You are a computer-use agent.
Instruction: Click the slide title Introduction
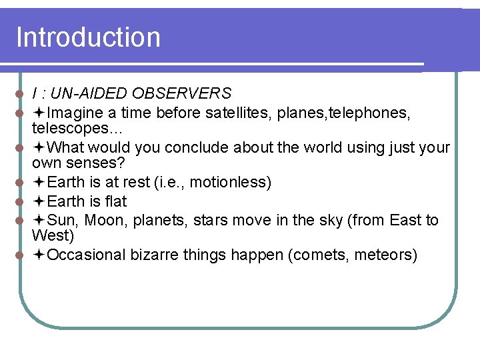coord(88,37)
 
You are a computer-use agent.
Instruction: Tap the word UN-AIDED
coord(91,93)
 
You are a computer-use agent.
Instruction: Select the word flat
coord(115,201)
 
